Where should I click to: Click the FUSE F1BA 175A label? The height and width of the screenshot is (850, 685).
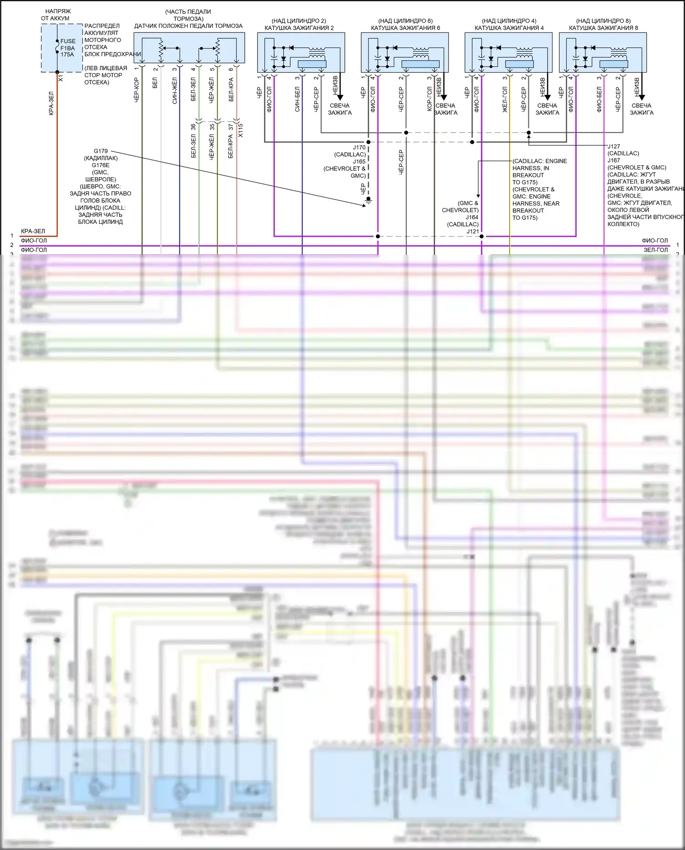68,48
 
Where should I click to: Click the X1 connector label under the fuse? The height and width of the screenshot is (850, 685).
61,79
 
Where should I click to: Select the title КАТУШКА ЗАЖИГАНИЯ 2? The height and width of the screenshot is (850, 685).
299,28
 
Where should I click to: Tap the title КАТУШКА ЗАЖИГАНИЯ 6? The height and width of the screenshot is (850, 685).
405,28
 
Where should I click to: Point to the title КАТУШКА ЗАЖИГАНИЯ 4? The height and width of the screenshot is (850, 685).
509,28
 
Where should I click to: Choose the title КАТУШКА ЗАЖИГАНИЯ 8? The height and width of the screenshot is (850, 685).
603,28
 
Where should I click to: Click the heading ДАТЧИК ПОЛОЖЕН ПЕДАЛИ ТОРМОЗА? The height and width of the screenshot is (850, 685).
188,26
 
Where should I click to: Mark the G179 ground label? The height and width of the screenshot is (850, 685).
100,151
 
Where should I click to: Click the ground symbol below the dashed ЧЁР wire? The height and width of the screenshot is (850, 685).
369,200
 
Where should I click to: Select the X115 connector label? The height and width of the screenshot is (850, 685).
241,130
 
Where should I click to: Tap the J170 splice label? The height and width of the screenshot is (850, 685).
359,148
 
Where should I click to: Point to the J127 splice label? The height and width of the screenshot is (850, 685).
614,147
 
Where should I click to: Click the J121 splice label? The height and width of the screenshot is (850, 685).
473,232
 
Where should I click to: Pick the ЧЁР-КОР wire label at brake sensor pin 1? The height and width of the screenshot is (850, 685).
137,90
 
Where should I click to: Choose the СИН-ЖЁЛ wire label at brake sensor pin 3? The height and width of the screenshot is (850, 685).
174,90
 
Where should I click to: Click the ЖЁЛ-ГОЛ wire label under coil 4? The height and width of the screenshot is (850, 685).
505,100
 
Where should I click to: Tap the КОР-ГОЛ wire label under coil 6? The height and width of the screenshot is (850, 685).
429,99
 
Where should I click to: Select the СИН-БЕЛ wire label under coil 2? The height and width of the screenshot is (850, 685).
297,99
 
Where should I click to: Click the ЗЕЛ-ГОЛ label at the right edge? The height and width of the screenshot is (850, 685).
655,250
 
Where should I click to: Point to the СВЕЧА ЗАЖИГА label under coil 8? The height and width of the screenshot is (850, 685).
642,109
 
